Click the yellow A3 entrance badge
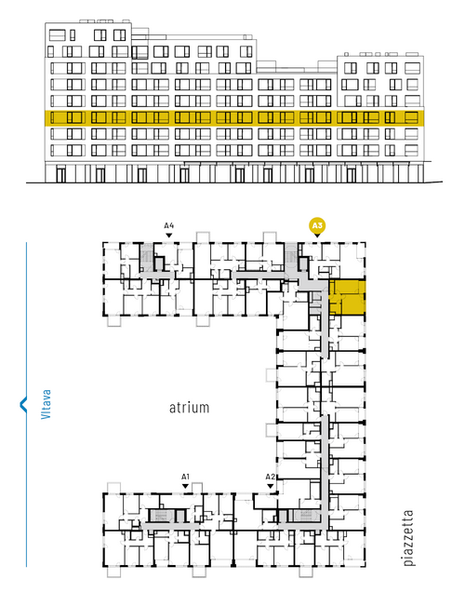[317, 226]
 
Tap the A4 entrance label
[169, 226]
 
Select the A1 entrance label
[185, 477]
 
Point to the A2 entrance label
[270, 477]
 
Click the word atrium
[189, 408]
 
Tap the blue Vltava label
[46, 404]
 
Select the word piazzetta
[408, 538]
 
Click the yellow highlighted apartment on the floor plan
[347, 297]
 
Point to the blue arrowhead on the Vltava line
[23, 404]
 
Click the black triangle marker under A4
[169, 236]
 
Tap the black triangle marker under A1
[185, 486]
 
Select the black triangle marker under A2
[270, 486]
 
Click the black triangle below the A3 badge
[317, 236]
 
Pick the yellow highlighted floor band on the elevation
[234, 117]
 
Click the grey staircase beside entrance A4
[147, 257]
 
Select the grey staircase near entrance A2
[305, 515]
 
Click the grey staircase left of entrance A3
[291, 256]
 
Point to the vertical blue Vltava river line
[26, 404]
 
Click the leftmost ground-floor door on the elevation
[60, 175]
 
